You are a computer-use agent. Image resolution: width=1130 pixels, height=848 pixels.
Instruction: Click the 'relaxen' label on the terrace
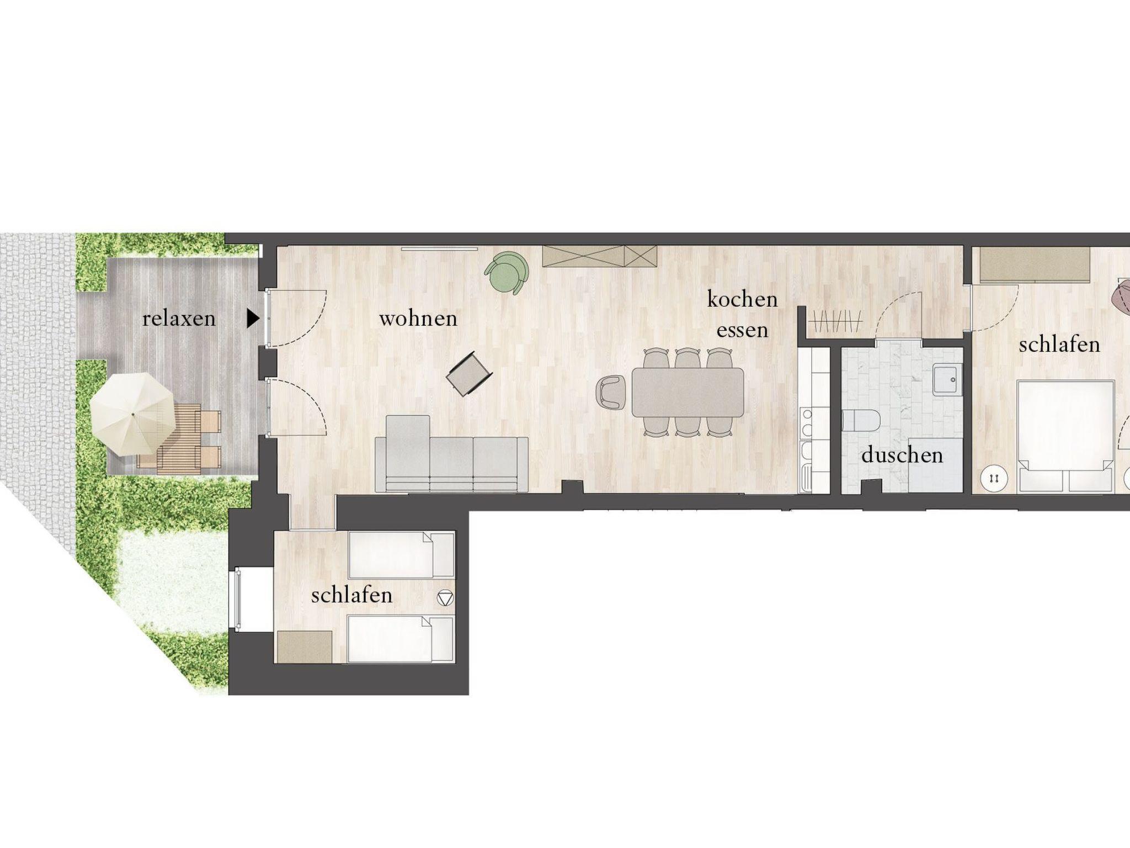pos(179,319)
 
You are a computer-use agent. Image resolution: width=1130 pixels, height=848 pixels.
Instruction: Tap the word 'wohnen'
pos(418,319)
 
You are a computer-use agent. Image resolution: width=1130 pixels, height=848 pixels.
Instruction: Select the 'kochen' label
pos(742,299)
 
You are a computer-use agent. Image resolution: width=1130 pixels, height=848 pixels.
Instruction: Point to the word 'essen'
pos(742,330)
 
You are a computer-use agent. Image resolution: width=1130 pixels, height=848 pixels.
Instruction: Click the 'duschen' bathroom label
pos(902,455)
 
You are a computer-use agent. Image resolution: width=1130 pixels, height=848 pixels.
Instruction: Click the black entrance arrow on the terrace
pos(253,319)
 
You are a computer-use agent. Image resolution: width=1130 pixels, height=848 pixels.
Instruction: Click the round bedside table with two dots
pos(995,478)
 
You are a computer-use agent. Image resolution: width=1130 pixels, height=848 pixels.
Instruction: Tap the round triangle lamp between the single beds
pos(445,598)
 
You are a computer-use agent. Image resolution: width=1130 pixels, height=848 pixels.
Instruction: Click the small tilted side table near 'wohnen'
pos(470,374)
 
